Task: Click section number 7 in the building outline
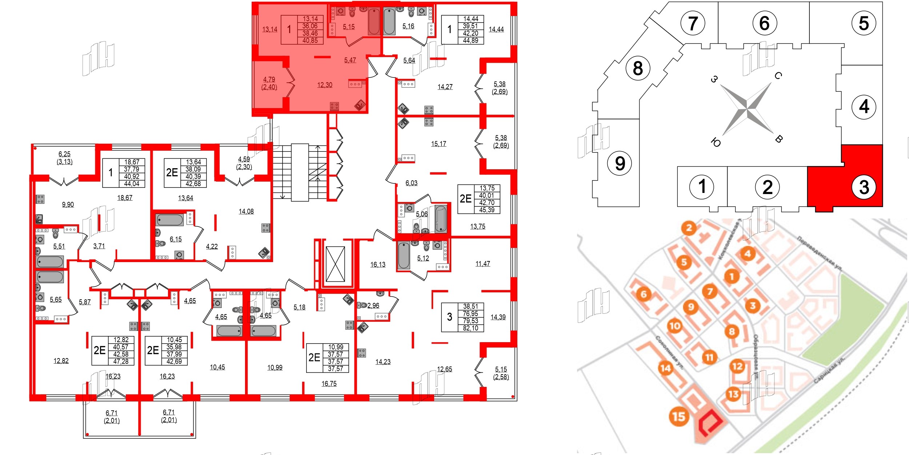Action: point(693,23)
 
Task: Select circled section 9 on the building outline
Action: point(620,163)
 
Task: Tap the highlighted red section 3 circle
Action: point(864,187)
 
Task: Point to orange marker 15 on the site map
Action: point(678,416)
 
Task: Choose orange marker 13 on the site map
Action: point(733,394)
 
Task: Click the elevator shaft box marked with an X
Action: point(335,264)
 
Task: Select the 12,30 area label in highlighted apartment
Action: point(325,85)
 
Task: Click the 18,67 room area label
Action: point(125,198)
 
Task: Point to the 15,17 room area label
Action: point(439,144)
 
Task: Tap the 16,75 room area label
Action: point(329,383)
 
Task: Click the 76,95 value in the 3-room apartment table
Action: point(470,313)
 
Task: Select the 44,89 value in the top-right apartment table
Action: point(470,40)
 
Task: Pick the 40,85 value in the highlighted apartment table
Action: point(310,40)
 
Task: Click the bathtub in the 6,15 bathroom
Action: point(170,220)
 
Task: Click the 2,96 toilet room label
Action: point(373,305)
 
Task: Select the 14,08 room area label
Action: point(246,211)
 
